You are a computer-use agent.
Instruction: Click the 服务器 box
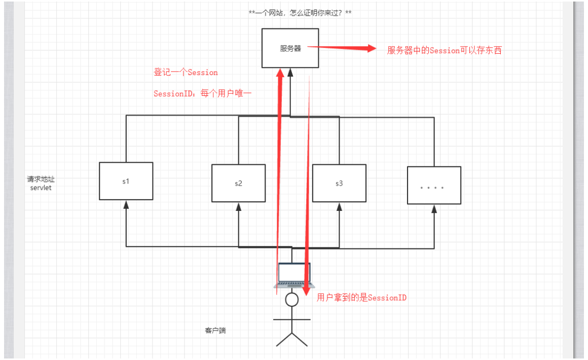[x=290, y=48]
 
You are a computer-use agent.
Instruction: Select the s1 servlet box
[x=126, y=181]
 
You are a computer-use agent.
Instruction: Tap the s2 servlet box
[x=238, y=183]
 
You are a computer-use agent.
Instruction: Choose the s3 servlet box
[x=339, y=183]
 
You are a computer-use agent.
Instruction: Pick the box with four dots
[x=434, y=186]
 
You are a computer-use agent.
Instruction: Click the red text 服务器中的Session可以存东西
[x=444, y=50]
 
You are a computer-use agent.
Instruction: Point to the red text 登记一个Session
[x=186, y=73]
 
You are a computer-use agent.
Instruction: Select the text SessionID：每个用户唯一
[x=202, y=94]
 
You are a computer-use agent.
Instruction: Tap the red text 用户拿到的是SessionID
[x=361, y=298]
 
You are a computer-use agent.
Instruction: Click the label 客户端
[x=215, y=331]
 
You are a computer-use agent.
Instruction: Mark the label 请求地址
[x=41, y=179]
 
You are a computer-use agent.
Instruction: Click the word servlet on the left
[x=41, y=188]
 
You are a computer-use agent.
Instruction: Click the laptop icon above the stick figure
[x=293, y=275]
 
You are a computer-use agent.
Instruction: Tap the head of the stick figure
[x=291, y=300]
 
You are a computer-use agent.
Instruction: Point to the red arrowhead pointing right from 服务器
[x=370, y=49]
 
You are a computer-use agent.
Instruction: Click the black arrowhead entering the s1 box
[x=126, y=204]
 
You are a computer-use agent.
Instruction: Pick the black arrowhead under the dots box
[x=434, y=208]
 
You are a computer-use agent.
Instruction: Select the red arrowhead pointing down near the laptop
[x=306, y=291]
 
